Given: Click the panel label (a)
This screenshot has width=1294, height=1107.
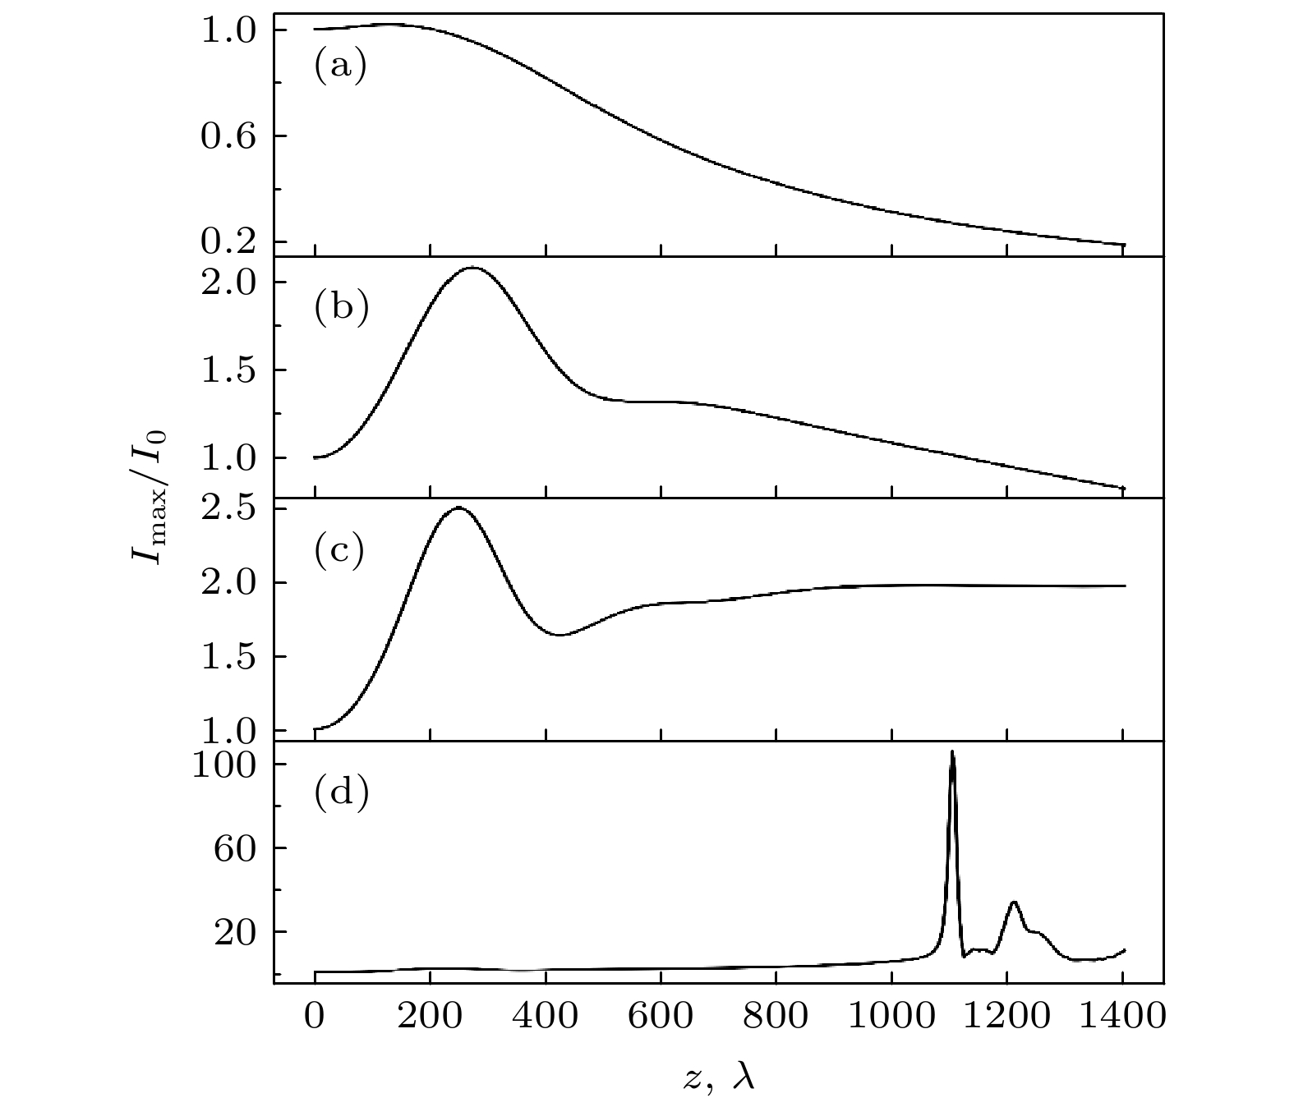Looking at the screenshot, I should [340, 67].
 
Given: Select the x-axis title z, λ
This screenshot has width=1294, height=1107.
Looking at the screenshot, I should [718, 1076].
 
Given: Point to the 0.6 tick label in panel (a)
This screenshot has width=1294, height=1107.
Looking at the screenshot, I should [228, 136].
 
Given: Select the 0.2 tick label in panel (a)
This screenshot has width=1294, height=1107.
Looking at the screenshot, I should [228, 241].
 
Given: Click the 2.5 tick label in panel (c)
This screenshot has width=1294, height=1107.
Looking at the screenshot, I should [228, 509].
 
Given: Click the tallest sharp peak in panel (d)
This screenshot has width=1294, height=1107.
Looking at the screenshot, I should [952, 752].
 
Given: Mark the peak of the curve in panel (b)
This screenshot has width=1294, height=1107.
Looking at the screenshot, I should [472, 268].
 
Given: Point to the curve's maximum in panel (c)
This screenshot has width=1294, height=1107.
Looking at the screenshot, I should [458, 508].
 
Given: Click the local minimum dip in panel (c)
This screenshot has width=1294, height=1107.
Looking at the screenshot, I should [560, 635].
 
